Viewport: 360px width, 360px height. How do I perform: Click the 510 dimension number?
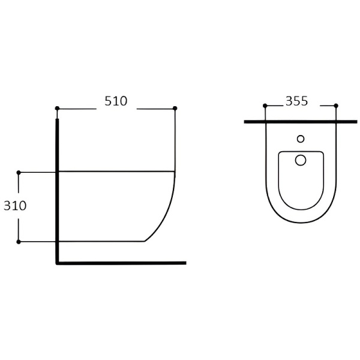click(116, 101)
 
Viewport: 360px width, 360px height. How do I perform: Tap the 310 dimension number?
click(15, 206)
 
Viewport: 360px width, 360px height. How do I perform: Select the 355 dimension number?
click(296, 101)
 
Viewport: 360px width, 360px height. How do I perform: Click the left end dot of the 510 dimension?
click(58, 108)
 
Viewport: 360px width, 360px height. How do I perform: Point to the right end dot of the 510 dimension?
click(175, 108)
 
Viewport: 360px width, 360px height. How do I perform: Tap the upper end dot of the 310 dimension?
click(19, 172)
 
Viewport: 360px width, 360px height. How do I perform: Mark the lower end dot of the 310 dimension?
click(19, 242)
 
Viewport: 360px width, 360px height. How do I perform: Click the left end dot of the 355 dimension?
click(265, 106)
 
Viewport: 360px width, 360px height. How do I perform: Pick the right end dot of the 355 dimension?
click(336, 106)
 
